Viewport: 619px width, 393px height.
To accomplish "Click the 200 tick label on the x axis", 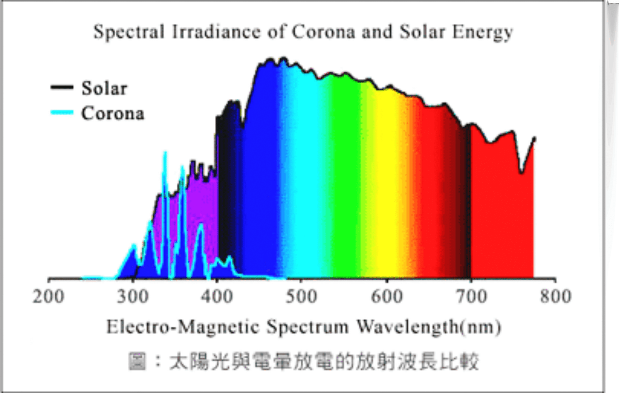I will click(x=48, y=297).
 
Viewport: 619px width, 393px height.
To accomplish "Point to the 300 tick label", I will click(x=133, y=297).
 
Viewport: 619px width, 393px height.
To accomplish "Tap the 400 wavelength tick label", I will click(x=217, y=297).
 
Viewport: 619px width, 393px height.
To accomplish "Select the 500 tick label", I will click(x=301, y=297).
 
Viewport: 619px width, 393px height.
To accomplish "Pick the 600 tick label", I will click(x=386, y=297).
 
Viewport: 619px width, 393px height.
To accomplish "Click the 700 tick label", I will click(x=471, y=297).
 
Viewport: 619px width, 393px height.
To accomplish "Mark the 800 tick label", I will click(x=556, y=297).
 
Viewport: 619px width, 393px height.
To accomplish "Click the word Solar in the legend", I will click(x=104, y=88).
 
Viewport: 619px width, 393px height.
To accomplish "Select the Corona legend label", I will click(x=113, y=113).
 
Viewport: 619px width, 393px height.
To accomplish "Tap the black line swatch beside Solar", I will click(x=62, y=87).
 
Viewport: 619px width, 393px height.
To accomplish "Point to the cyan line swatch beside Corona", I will click(x=62, y=113).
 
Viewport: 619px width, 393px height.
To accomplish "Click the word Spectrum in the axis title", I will click(x=308, y=327).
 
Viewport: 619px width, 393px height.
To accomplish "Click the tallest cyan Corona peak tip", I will click(x=165, y=153).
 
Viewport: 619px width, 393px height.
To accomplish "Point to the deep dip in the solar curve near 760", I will click(x=522, y=172).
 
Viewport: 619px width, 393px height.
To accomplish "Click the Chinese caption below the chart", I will click(x=304, y=361).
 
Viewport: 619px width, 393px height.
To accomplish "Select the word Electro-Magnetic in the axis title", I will click(x=183, y=327).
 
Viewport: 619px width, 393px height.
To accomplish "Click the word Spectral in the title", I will click(x=129, y=32).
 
